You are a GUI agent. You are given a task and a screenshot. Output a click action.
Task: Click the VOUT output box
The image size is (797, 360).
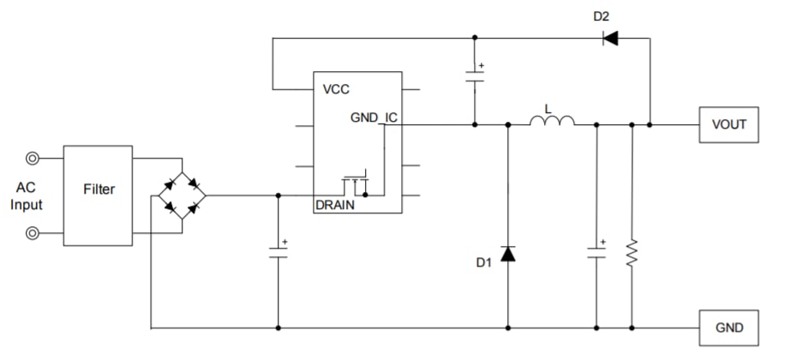pos(728,124)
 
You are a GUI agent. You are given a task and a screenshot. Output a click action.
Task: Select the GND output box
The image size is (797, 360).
pos(728,327)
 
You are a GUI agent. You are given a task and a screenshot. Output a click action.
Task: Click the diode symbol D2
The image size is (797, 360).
pos(610,38)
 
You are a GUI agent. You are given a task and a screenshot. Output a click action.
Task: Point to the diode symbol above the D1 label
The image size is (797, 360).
pos(507,254)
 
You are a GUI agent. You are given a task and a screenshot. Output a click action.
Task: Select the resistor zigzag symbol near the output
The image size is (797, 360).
pos(632,253)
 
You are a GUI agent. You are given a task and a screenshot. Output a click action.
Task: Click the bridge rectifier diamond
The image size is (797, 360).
pos(182,195)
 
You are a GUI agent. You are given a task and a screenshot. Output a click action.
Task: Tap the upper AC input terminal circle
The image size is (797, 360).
pos(33,158)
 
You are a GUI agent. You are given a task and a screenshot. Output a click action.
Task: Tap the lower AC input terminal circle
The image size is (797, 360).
pos(33,232)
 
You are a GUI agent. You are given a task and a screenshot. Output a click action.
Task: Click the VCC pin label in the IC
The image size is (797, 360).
pos(336,89)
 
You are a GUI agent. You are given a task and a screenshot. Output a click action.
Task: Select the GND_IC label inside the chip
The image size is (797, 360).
pos(374,117)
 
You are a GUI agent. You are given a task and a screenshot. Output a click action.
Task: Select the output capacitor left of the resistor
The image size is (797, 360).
pos(596,251)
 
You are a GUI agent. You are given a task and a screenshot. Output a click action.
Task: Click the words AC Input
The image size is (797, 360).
pos(26,195)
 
